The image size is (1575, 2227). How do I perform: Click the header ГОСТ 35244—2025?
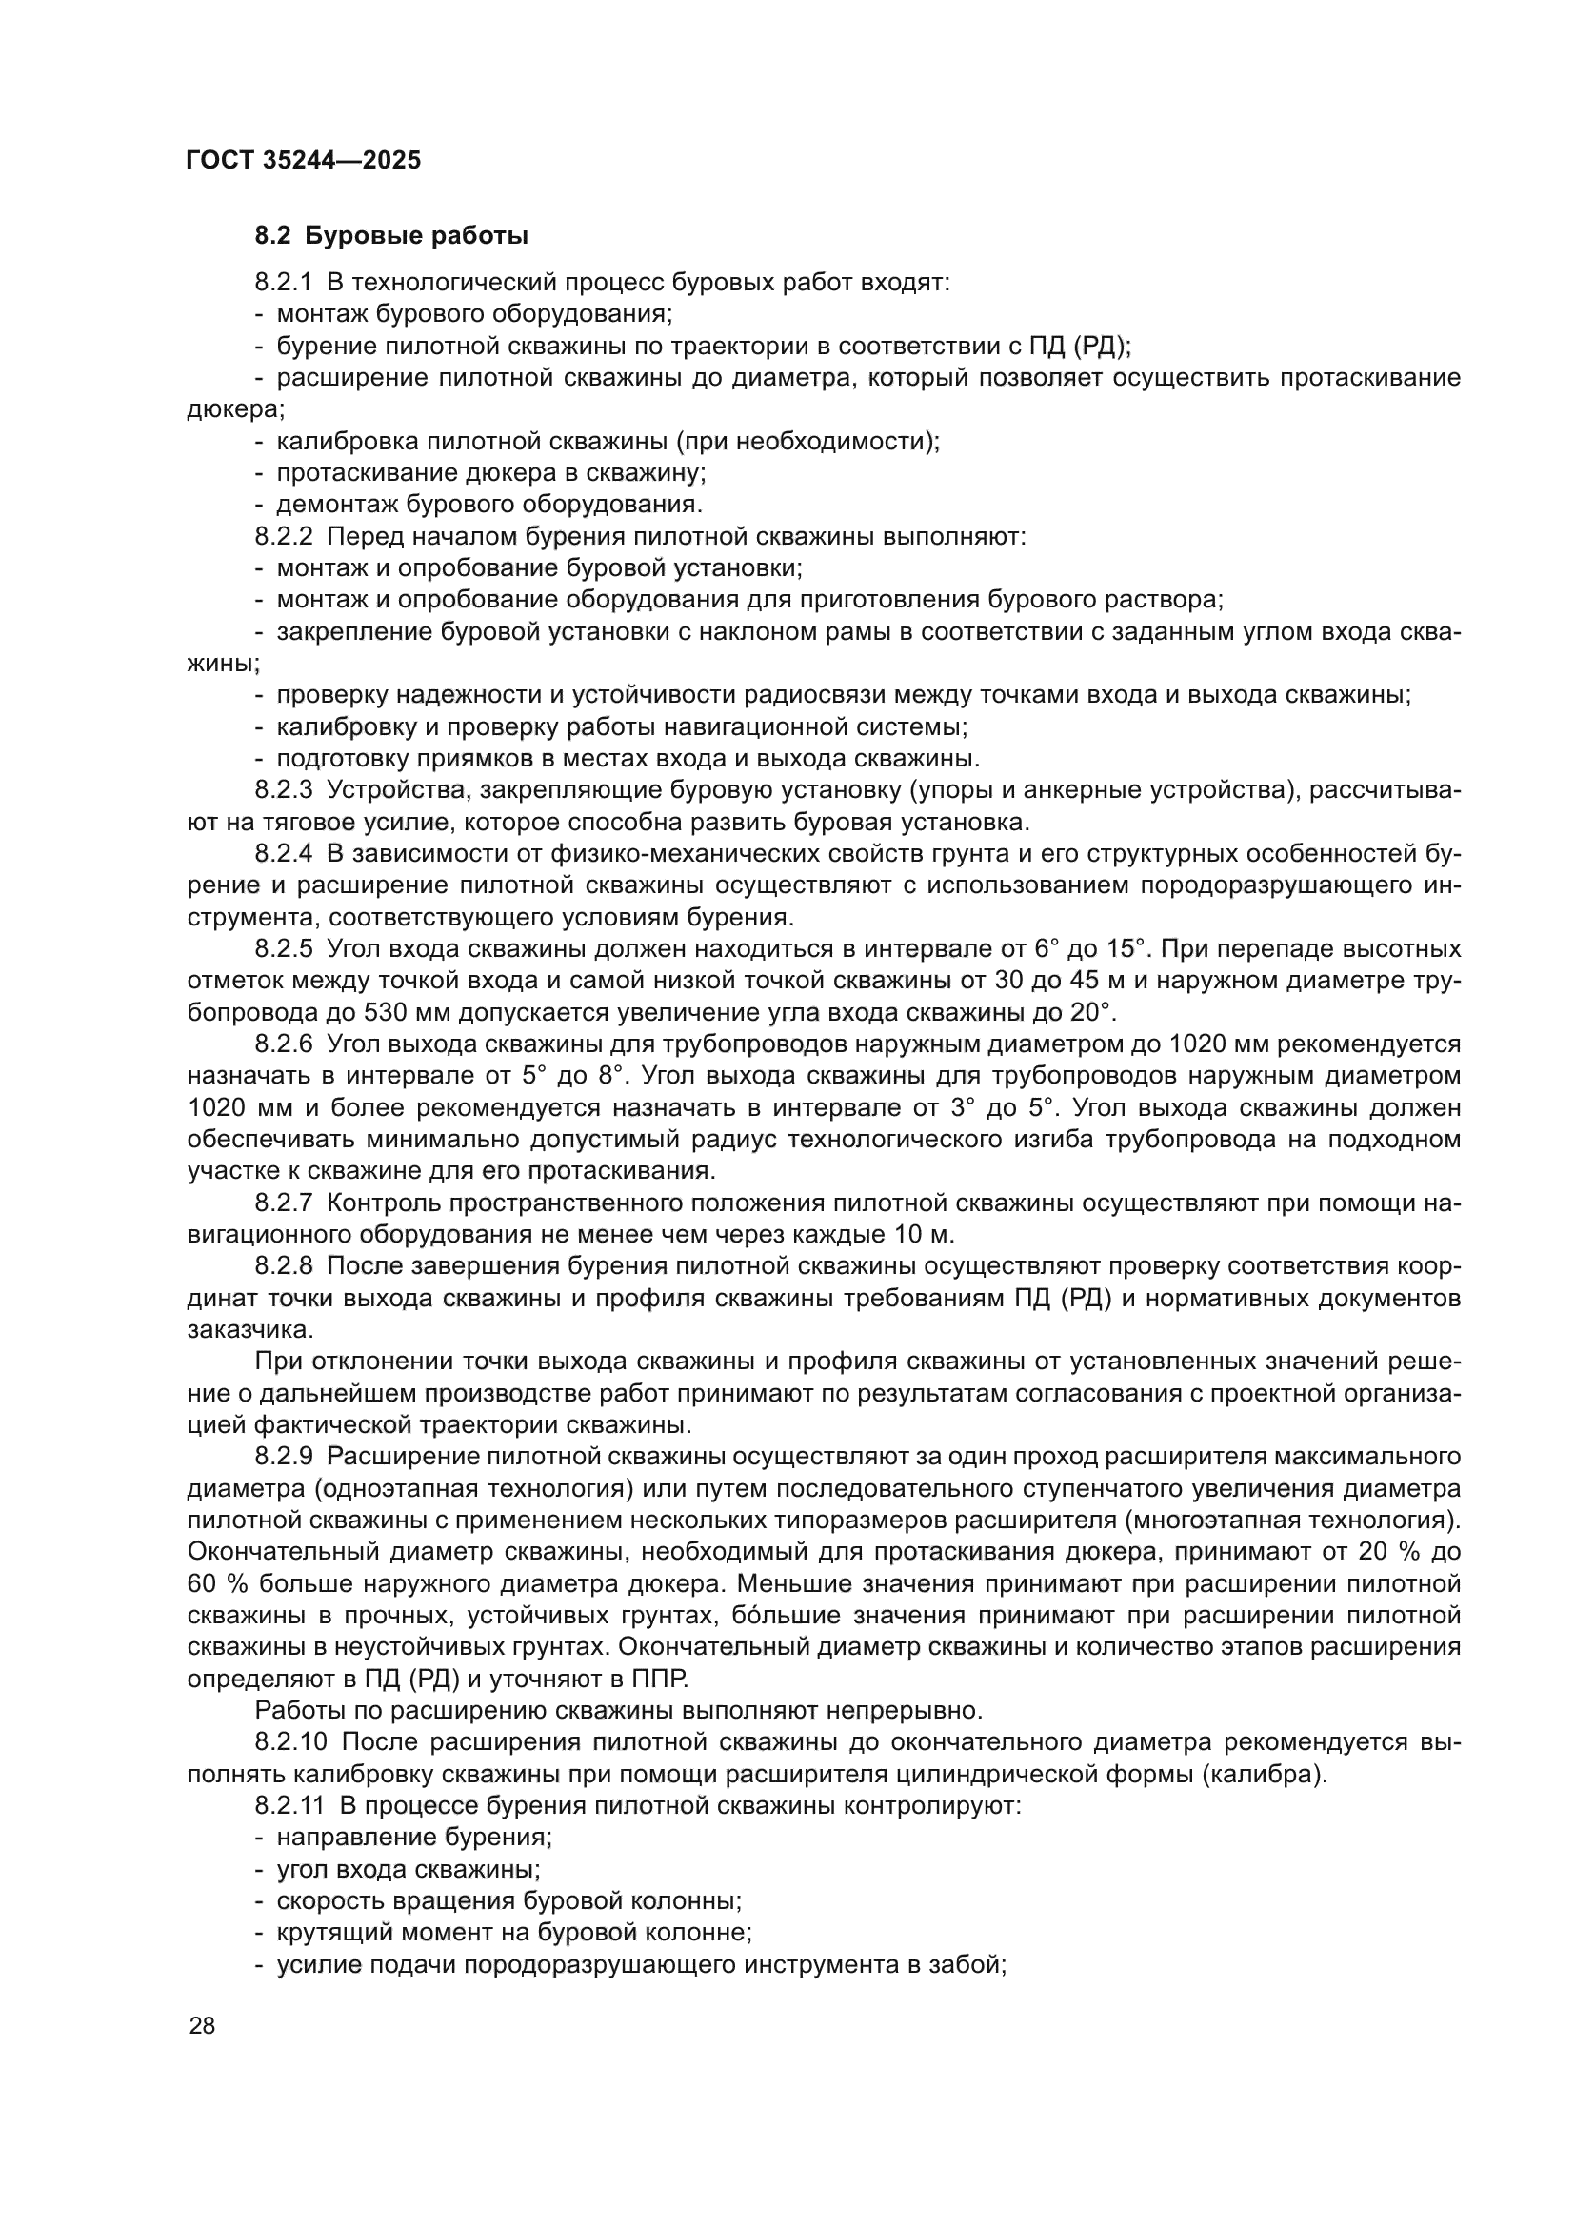(x=304, y=160)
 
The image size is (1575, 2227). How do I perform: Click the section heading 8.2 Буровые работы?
(x=390, y=236)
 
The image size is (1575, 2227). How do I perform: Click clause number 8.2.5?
(x=283, y=948)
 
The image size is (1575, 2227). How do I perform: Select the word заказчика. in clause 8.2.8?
(x=232, y=1330)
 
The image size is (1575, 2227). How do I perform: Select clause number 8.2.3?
(x=283, y=790)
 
